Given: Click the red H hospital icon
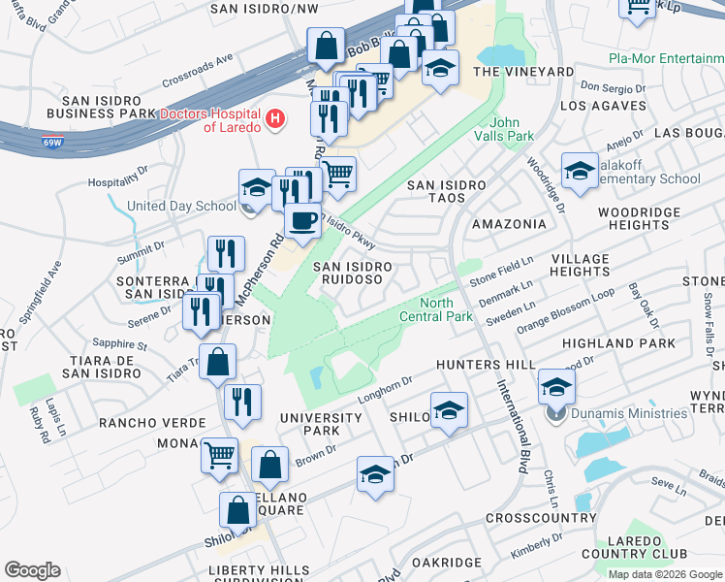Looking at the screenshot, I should pyautogui.click(x=276, y=119).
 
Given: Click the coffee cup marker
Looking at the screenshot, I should pyautogui.click(x=302, y=221).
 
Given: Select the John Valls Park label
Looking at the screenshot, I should pyautogui.click(x=512, y=129).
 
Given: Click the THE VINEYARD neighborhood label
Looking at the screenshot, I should pyautogui.click(x=522, y=72).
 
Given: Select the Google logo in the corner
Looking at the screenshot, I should pyautogui.click(x=32, y=570).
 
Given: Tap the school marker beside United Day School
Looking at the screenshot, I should pyautogui.click(x=257, y=188).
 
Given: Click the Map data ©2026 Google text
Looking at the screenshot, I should pyautogui.click(x=665, y=573).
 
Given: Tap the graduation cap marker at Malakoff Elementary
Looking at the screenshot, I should pyautogui.click(x=580, y=172).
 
